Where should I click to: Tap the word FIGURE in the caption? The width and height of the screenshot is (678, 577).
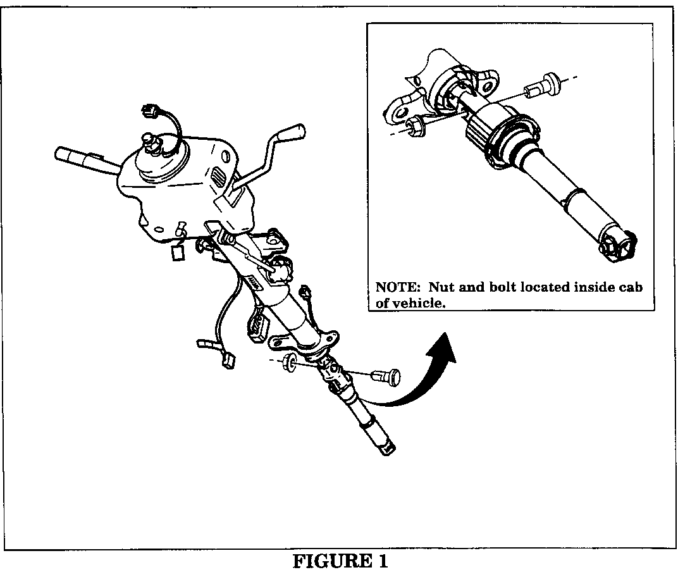pos(332,561)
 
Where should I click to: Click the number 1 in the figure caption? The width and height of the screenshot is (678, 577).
pos(383,561)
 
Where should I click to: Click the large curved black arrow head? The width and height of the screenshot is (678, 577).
pos(443,347)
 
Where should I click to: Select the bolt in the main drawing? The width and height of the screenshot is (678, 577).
pos(386,376)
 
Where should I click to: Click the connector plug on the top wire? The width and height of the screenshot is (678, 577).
pos(150,111)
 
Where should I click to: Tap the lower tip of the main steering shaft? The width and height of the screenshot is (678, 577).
pos(387,449)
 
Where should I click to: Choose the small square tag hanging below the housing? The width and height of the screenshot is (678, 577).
pos(178,253)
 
